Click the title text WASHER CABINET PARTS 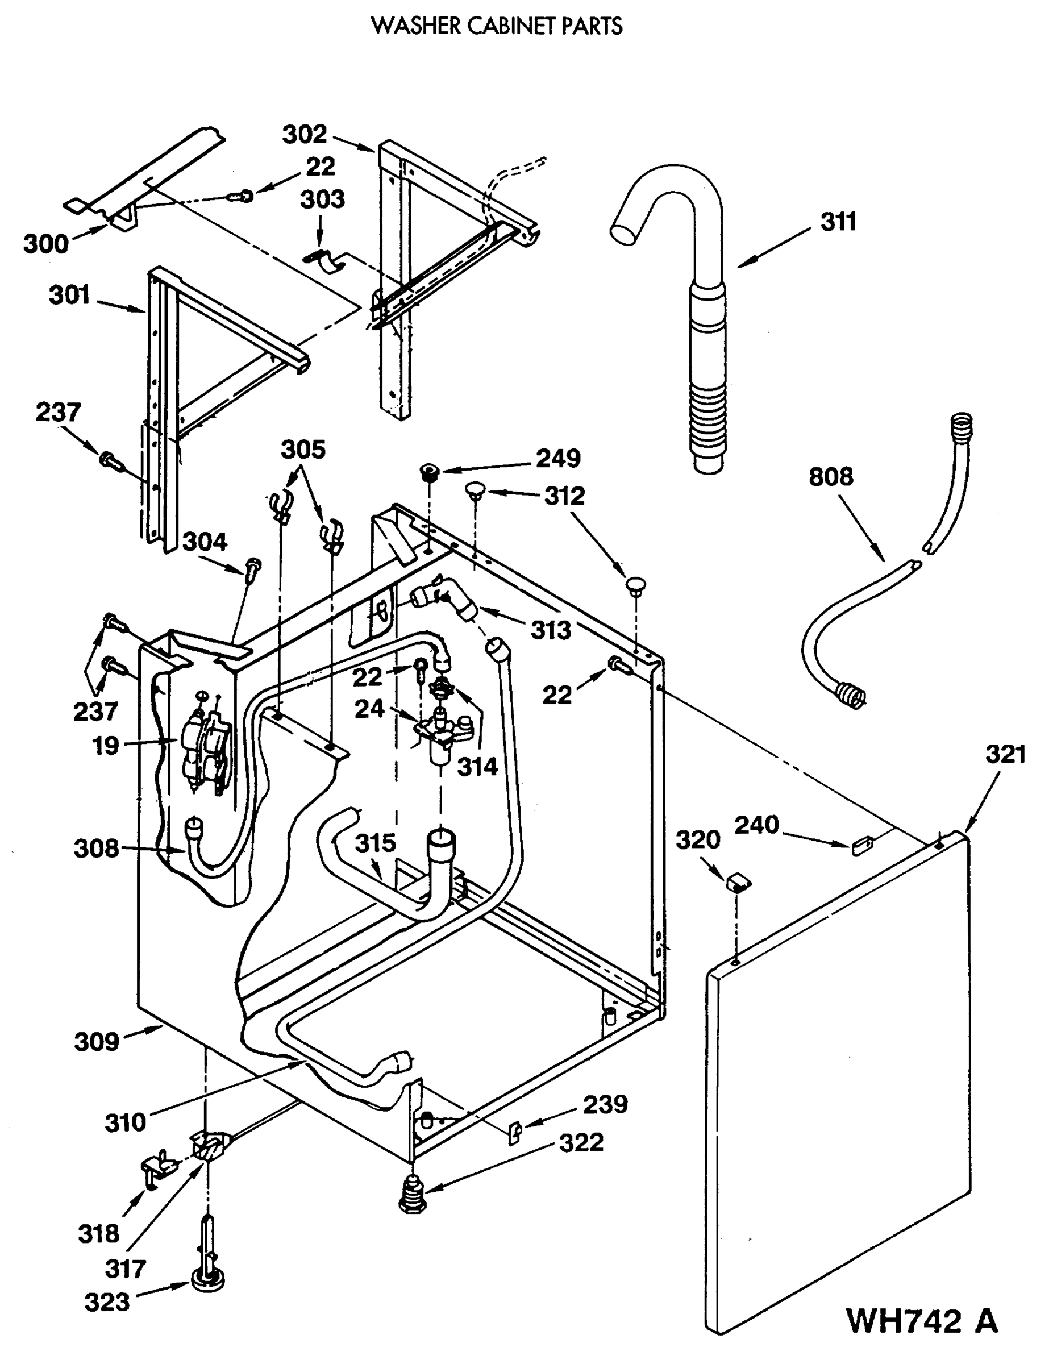[x=497, y=26]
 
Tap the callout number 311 [x=838, y=222]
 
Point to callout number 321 [x=1005, y=754]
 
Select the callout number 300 [x=45, y=244]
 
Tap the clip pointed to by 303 [x=329, y=260]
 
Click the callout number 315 [x=376, y=843]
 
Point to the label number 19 [x=106, y=746]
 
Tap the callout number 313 [x=551, y=630]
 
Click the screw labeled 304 [x=253, y=569]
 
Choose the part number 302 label [x=304, y=134]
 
